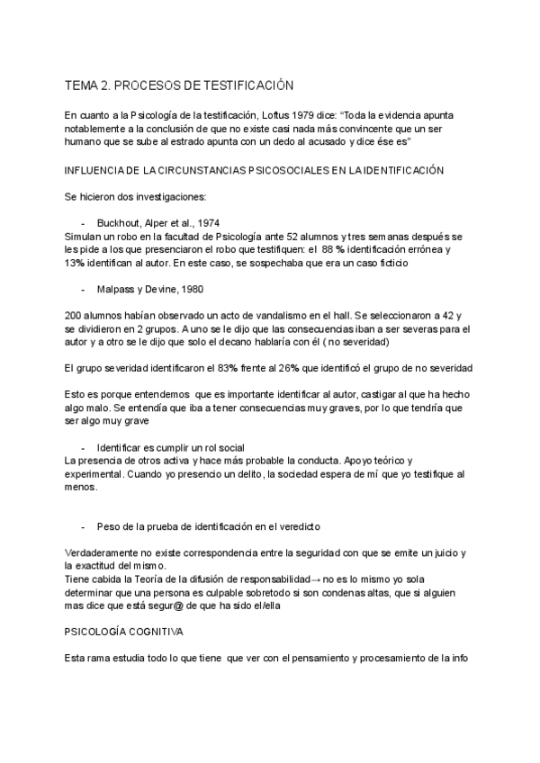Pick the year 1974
pyautogui.click(x=202, y=223)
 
